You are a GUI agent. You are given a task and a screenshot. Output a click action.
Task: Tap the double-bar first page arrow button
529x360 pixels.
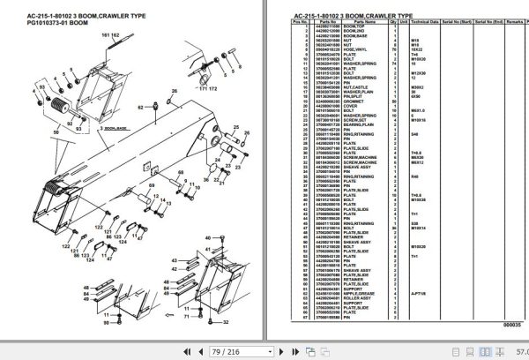[x=180, y=351]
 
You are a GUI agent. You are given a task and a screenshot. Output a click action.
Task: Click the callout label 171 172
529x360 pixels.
[x=206, y=89]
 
